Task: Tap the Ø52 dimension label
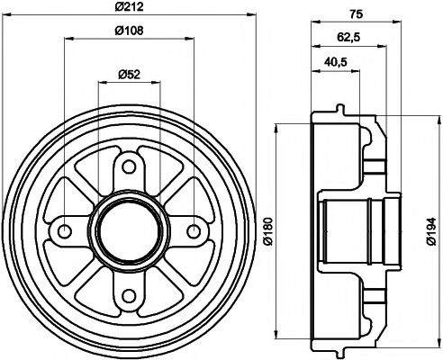(128, 74)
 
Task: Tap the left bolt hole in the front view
(62, 230)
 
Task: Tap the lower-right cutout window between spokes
(171, 274)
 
